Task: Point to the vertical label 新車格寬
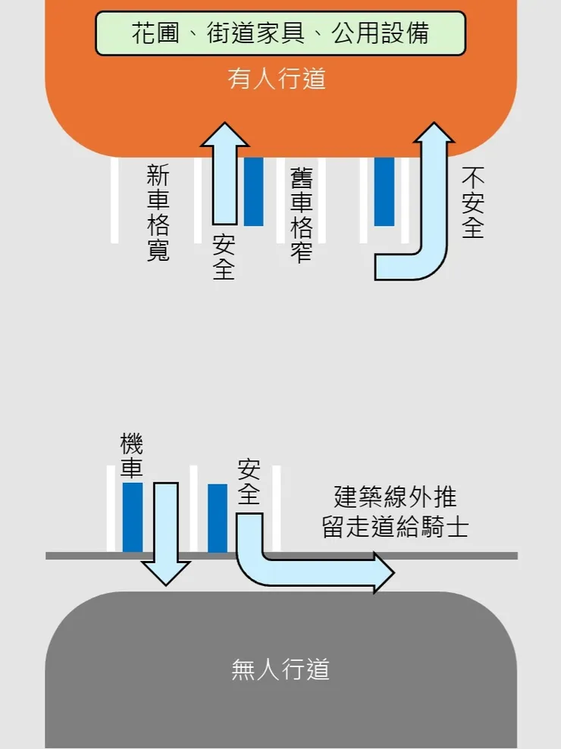[x=158, y=215]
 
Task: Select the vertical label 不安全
[x=473, y=203]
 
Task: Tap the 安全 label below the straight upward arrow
[x=224, y=258]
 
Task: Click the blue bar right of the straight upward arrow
[x=253, y=191]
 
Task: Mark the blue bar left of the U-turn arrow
[x=384, y=191]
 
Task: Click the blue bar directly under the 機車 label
[x=133, y=517]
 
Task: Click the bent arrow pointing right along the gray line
[x=303, y=572]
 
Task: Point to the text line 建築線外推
[x=395, y=497]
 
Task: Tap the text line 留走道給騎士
[x=395, y=527]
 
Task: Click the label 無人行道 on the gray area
[x=280, y=669]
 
